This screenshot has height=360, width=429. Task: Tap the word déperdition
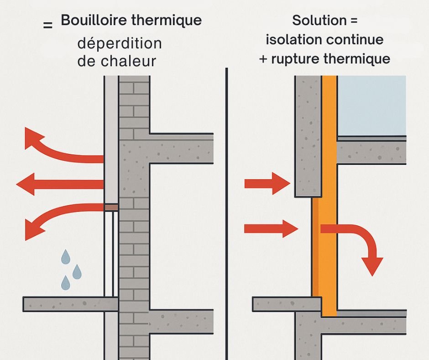coord(120,44)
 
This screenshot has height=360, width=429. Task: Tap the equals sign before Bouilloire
coord(47,26)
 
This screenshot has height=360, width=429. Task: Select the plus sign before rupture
coord(264,59)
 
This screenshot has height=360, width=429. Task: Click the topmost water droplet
coord(66,257)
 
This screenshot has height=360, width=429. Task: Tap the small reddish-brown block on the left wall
coord(111,207)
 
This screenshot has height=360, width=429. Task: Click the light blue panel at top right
coord(371,105)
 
